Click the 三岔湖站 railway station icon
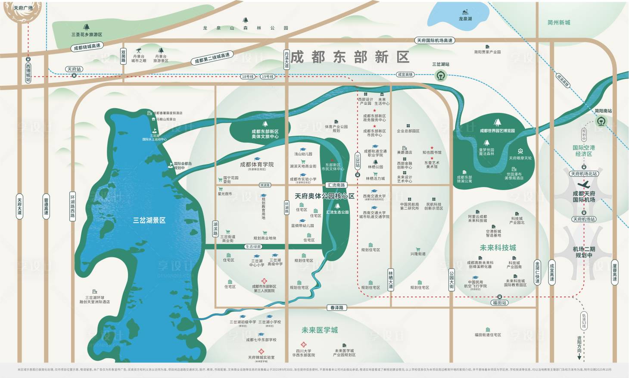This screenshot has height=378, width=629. point(440,75)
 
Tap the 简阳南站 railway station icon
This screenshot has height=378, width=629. point(601,121)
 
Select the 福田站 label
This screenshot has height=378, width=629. point(499,303)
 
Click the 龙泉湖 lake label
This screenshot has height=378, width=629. point(465,19)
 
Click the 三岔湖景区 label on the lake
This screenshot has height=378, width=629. point(149,220)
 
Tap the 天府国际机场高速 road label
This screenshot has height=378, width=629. point(435,41)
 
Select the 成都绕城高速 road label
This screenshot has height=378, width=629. point(87,47)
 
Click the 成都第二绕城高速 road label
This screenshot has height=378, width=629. point(212,58)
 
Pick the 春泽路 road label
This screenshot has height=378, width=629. point(337,308)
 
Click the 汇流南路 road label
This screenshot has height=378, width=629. point(336,185)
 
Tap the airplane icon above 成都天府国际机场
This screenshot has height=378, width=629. point(583,184)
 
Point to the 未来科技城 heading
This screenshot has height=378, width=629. point(498,248)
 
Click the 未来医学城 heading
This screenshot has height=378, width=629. point(319,330)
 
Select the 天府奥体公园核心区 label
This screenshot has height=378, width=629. point(324,196)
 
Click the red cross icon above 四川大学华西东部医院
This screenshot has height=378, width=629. point(304,345)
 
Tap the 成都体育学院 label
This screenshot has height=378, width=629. point(257,165)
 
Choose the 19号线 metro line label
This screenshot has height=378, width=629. point(268,77)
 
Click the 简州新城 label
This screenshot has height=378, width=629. point(559,22)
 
